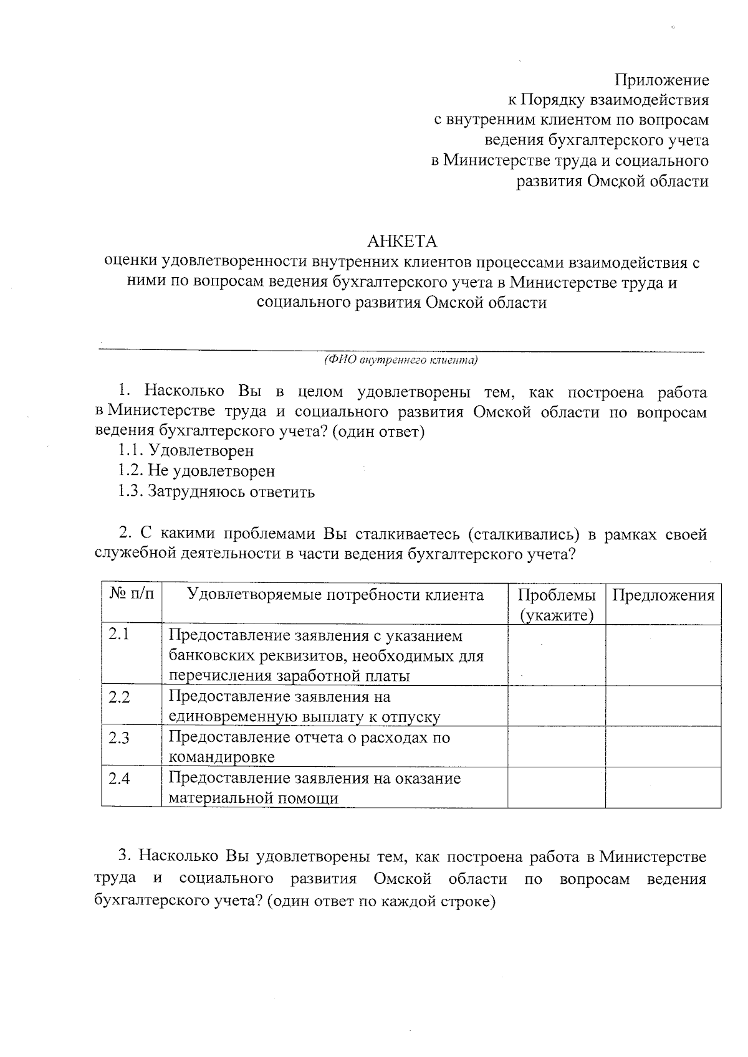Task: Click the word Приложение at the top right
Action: (661, 80)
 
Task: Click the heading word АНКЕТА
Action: (402, 242)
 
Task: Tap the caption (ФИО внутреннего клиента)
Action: (401, 360)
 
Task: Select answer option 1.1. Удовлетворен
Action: (186, 450)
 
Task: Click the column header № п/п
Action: (132, 595)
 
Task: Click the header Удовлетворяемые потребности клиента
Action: (335, 595)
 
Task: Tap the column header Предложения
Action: (663, 595)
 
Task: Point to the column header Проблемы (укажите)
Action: (556, 605)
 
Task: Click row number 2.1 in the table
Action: (119, 635)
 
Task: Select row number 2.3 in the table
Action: (119, 738)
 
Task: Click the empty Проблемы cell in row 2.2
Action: (556, 706)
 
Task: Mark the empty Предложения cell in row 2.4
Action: (663, 787)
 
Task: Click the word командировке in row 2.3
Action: (222, 757)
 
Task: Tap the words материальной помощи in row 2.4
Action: (254, 798)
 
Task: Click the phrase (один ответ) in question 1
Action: (378, 432)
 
